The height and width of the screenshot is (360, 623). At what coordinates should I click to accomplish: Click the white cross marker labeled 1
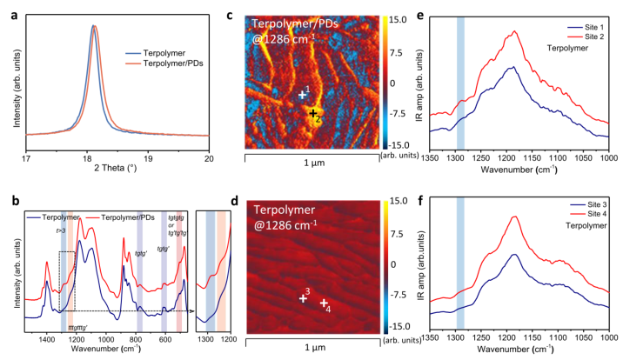click(302, 94)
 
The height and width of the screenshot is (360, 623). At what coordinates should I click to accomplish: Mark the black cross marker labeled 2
click(312, 113)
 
